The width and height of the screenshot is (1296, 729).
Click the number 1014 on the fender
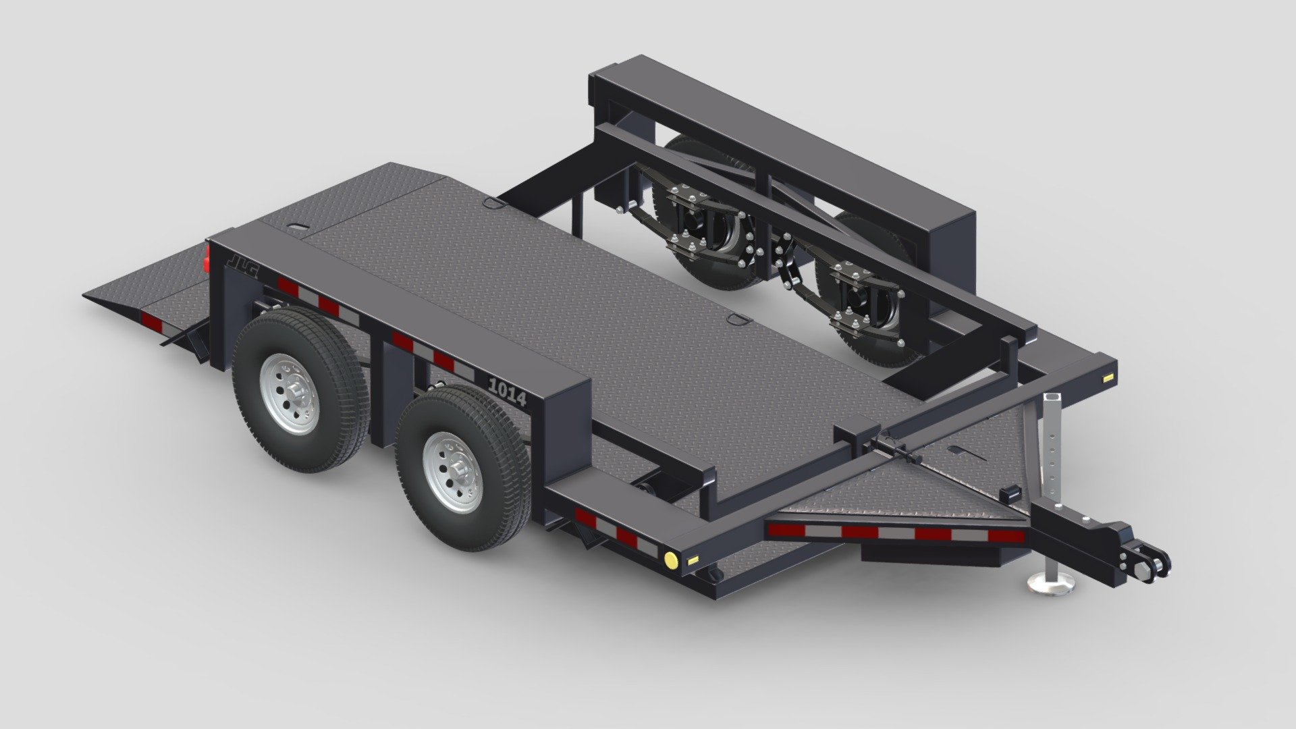point(507,393)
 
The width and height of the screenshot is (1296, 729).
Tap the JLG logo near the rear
point(242,262)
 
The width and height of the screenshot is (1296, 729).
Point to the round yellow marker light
point(671,560)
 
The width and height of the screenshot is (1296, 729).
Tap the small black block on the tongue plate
point(1009,493)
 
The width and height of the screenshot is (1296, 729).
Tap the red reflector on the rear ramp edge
point(152,322)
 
